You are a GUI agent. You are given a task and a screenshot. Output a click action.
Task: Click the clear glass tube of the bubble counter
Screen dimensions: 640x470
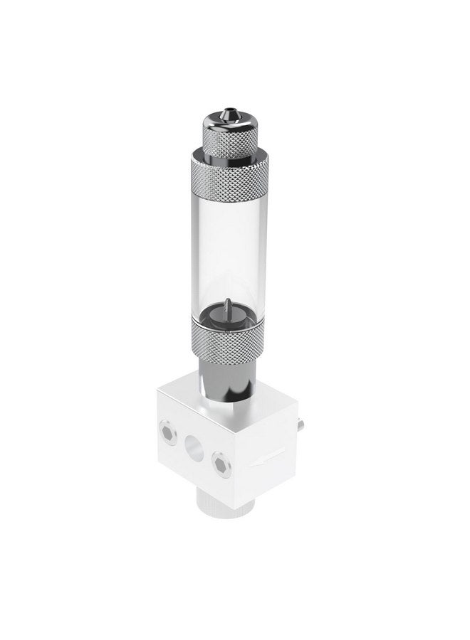tap(227, 249)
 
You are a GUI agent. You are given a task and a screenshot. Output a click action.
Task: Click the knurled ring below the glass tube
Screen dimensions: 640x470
tap(227, 340)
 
